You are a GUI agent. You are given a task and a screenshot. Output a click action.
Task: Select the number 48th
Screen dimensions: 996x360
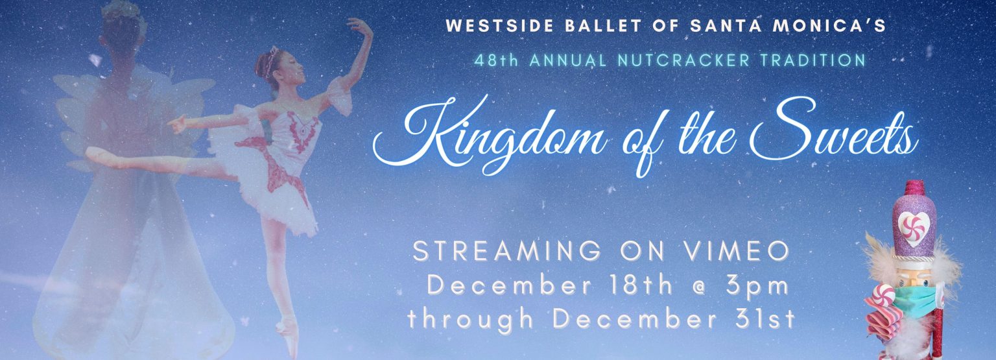coord(496,60)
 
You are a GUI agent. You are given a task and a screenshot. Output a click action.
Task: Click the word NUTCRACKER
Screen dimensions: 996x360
coord(684,60)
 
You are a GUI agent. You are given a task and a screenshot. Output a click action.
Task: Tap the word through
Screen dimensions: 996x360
coord(470,320)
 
